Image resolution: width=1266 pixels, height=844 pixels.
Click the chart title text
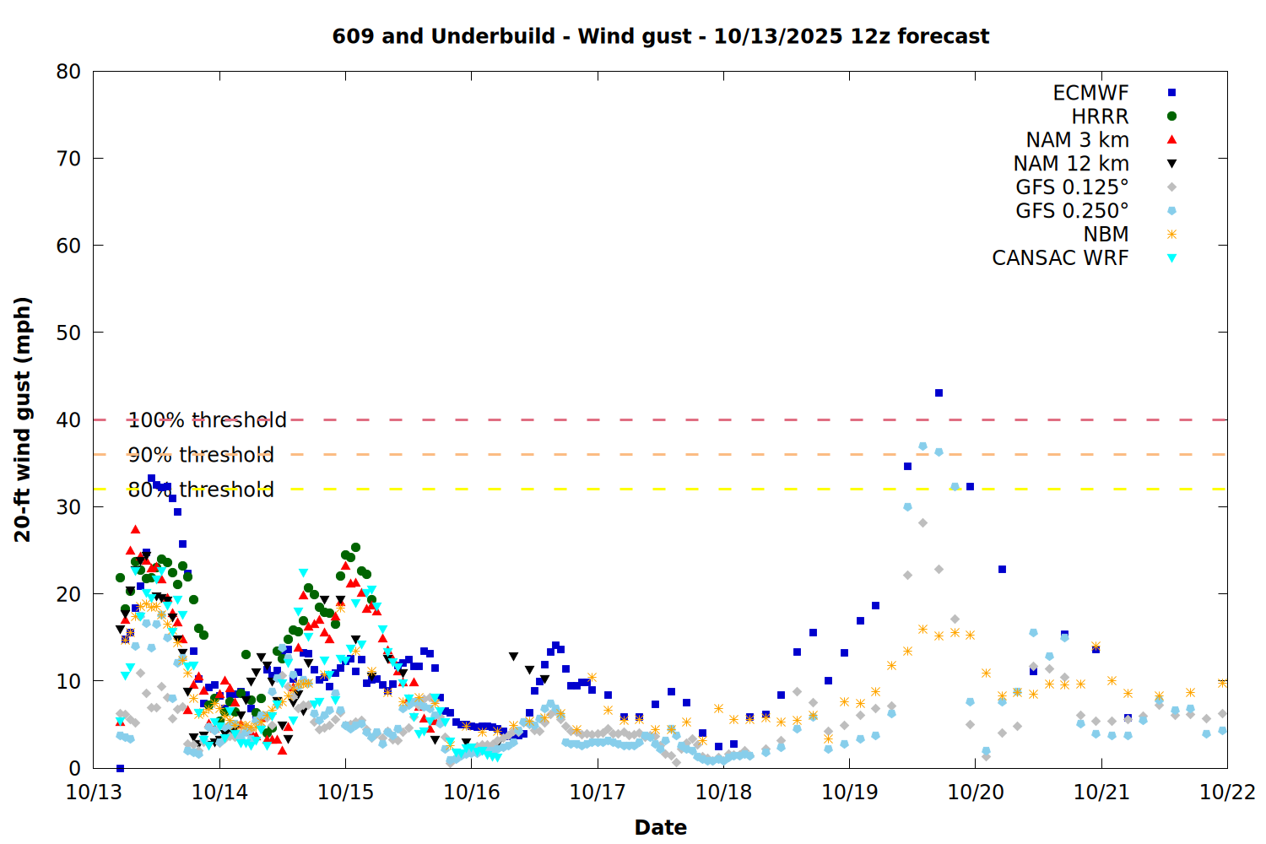coord(660,36)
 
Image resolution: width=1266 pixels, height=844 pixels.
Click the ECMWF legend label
coord(1090,93)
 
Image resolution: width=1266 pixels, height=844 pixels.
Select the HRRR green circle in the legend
coord(1171,116)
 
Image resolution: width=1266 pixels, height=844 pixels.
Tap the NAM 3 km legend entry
coord(1077,140)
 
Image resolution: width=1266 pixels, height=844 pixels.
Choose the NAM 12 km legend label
coord(1071,164)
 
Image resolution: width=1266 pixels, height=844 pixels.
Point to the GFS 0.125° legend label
coord(1072,187)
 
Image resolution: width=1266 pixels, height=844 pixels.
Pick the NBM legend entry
coord(1106,235)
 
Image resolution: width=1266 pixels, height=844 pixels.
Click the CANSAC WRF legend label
coord(1060,258)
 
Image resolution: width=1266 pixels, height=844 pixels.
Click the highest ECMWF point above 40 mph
coord(939,392)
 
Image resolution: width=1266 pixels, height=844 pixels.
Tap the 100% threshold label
coord(208,419)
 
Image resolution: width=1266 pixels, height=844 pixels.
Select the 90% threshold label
coord(201,455)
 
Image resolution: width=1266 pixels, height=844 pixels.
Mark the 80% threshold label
coord(201,490)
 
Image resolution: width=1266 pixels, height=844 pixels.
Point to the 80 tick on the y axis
coord(68,72)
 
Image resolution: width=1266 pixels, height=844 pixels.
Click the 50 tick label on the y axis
coord(68,333)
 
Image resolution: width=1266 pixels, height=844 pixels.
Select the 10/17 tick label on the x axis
coord(598,793)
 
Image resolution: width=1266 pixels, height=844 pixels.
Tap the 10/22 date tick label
coord(1227,793)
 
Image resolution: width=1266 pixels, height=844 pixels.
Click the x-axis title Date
coord(660,827)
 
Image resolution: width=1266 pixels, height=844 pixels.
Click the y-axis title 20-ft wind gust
coord(23,419)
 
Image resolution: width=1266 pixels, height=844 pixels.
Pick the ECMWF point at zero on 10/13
coord(120,768)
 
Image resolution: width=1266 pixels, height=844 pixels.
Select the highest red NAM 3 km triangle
coord(135,529)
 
